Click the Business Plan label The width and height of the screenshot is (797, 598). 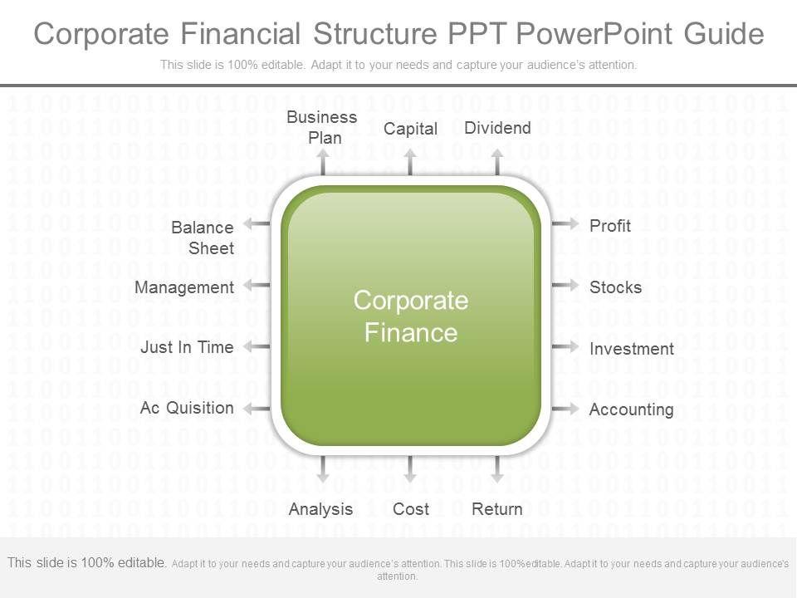pos(322,127)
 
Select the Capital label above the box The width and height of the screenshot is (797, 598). pos(410,129)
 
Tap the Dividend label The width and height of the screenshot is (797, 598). pos(497,127)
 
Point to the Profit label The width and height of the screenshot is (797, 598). pos(610,226)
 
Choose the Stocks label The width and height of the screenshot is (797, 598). pos(615,287)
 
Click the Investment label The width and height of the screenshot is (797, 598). pos(631,349)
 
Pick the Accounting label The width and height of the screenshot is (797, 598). pos(631,409)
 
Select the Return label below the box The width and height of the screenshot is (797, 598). pos(497,509)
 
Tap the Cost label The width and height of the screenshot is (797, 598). pos(410,509)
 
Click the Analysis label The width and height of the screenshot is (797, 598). pos(320,509)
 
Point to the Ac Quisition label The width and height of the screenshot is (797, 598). pos(187,408)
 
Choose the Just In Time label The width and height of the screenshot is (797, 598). pos(187,347)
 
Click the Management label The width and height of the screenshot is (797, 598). pos(184,287)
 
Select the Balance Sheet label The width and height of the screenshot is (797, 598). pos(203,238)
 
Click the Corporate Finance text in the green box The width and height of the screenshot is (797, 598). pos(411,316)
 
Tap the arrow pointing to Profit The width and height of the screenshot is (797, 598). pos(565,223)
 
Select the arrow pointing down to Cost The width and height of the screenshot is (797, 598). pos(410,470)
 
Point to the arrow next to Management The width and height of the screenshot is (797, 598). pos(257,285)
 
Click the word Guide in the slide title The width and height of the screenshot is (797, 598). pos(724,34)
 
